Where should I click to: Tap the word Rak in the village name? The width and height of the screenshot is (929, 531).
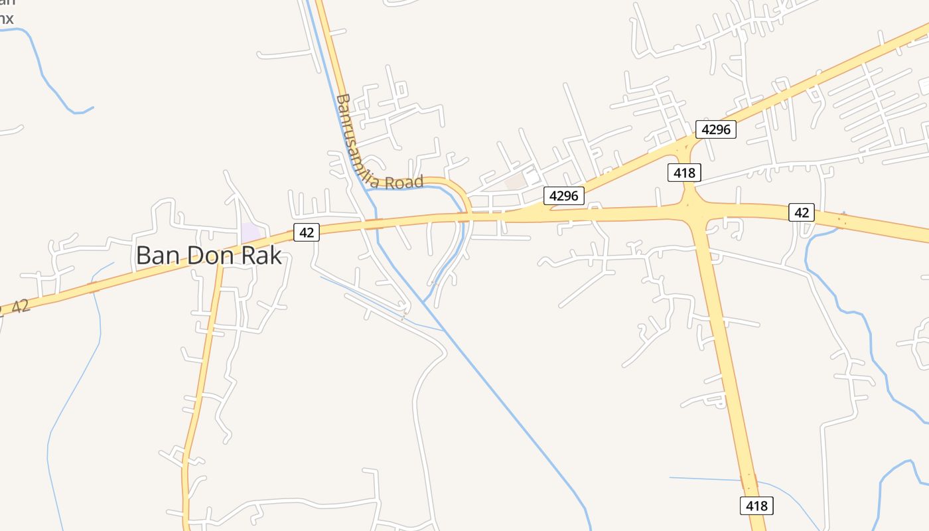pyautogui.click(x=261, y=256)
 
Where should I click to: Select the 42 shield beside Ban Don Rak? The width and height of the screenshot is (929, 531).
pyautogui.click(x=307, y=232)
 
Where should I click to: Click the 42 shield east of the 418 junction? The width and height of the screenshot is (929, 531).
pyautogui.click(x=802, y=212)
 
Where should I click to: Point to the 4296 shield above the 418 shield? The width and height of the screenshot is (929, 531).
pyautogui.click(x=716, y=129)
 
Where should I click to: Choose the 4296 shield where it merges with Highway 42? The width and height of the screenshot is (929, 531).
pyautogui.click(x=564, y=196)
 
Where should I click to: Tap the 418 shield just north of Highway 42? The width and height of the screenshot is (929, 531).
pyautogui.click(x=684, y=173)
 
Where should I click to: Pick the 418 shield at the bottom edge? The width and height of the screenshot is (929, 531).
pyautogui.click(x=756, y=506)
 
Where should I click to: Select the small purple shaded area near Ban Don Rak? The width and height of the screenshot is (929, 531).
pyautogui.click(x=251, y=233)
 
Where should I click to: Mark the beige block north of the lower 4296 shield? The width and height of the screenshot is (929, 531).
pyautogui.click(x=516, y=181)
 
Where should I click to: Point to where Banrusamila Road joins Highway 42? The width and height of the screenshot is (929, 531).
pyautogui.click(x=468, y=214)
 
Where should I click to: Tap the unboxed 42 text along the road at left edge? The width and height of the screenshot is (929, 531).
pyautogui.click(x=21, y=306)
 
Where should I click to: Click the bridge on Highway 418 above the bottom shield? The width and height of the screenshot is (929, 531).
pyautogui.click(x=749, y=481)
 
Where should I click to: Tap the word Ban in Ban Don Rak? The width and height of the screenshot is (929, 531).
pyautogui.click(x=157, y=256)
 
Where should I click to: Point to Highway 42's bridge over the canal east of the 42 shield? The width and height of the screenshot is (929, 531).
pyautogui.click(x=375, y=224)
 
